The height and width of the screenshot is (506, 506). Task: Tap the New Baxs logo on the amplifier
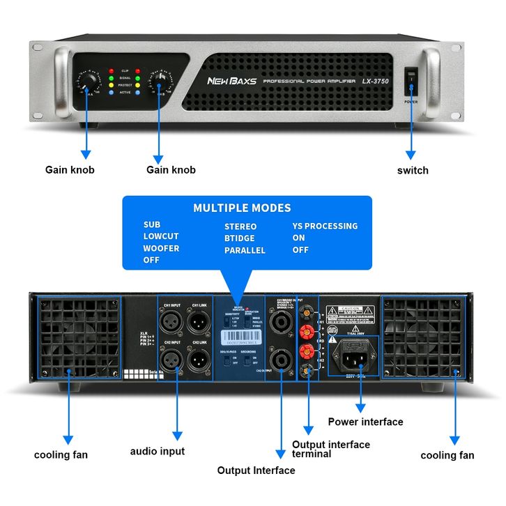(x=231, y=81)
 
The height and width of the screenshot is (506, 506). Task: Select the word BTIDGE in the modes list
(x=239, y=238)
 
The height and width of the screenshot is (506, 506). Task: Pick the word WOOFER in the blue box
(x=161, y=248)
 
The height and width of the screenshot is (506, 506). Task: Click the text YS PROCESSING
(x=325, y=226)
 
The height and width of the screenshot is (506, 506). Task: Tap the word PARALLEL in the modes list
(x=245, y=250)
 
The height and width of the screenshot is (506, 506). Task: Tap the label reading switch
(x=413, y=170)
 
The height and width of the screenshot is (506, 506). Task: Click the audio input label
(x=158, y=451)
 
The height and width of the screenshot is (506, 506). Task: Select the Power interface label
(x=365, y=422)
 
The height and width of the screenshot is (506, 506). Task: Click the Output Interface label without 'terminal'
(x=256, y=470)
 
